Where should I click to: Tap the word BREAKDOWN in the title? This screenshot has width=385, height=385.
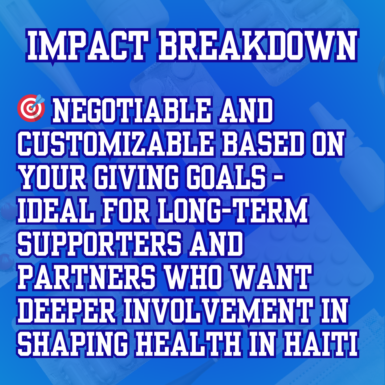click(x=258, y=46)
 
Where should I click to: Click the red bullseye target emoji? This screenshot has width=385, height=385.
click(x=31, y=108)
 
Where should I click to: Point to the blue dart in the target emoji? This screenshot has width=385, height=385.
click(x=38, y=101)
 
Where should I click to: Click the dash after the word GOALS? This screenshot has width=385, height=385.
click(x=278, y=177)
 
